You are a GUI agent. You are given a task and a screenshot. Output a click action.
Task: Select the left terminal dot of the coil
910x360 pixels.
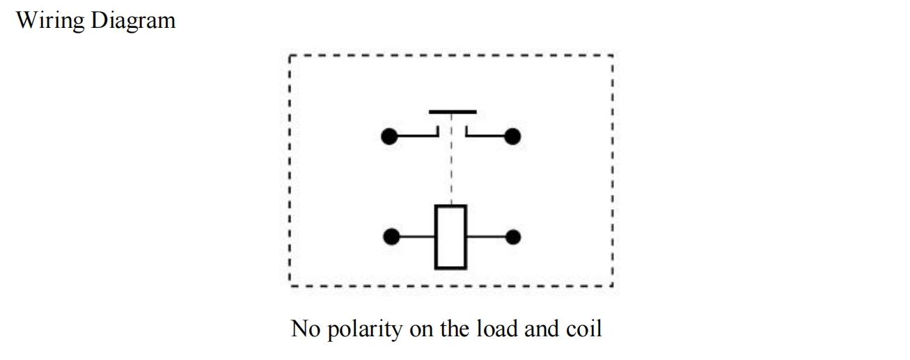[392, 237]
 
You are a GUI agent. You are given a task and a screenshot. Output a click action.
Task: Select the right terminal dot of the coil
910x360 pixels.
[513, 237]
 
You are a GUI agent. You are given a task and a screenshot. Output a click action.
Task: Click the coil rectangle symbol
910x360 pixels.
[450, 237]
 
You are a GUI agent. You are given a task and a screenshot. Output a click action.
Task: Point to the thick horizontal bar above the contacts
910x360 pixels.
[453, 111]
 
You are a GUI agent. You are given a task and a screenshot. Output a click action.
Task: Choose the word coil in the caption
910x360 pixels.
[582, 327]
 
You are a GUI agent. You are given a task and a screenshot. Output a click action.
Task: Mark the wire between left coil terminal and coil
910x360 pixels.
[417, 237]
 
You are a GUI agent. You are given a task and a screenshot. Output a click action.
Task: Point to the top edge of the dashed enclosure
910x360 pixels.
[450, 54]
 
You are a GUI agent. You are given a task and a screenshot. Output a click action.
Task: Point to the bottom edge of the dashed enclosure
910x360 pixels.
[450, 285]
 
